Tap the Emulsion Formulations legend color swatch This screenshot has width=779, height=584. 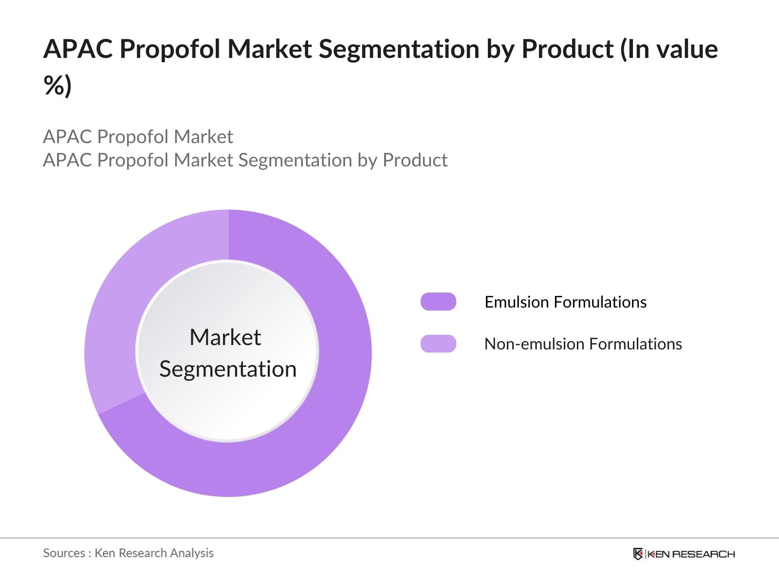[438, 302]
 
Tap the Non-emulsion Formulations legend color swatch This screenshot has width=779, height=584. [438, 344]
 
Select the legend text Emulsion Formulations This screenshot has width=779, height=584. [565, 302]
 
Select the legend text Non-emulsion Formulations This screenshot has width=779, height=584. [583, 344]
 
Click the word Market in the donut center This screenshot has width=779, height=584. [225, 337]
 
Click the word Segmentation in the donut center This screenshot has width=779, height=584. [228, 369]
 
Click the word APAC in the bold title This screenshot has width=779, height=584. [77, 49]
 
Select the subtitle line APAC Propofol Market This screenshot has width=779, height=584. [138, 137]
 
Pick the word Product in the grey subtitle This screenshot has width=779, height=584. [415, 160]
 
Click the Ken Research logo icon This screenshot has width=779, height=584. [638, 554]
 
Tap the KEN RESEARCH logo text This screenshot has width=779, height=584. [691, 554]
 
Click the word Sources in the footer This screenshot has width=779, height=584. [64, 553]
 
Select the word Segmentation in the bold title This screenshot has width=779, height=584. [399, 49]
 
